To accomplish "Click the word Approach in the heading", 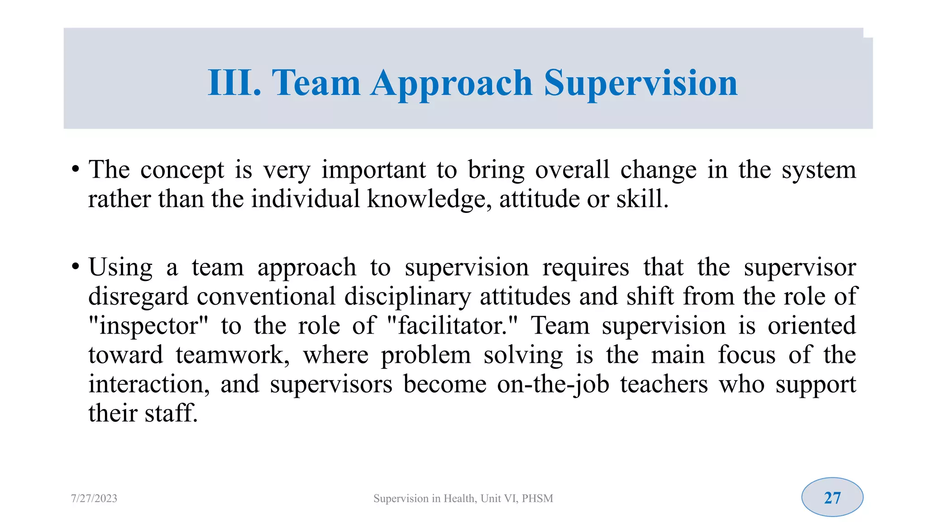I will coord(451,84).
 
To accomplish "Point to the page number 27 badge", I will coord(832,498).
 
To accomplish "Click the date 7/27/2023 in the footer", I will coord(94,498).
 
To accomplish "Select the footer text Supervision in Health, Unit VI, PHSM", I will coord(463,498).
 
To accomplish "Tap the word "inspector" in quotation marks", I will coord(148,326).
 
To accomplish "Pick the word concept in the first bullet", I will coord(182,171).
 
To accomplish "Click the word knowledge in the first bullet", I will coord(429,199).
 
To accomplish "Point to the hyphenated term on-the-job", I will coord(553,385).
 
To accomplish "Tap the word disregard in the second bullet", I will coord(138,297).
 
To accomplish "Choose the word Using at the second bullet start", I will coord(120,268).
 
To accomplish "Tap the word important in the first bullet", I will coord(373,171).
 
